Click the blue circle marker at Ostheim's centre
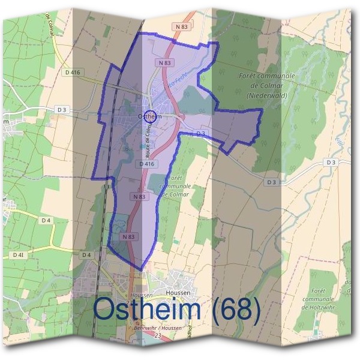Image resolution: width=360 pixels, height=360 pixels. (x=151, y=118)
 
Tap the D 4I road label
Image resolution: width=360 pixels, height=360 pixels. (x=18, y=255)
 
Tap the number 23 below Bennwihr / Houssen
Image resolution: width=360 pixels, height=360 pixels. (x=157, y=337)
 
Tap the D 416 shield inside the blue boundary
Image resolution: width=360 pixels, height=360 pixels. (x=147, y=163)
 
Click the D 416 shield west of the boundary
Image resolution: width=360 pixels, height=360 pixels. (x=72, y=72)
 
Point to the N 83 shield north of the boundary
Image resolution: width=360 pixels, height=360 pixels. (x=182, y=27)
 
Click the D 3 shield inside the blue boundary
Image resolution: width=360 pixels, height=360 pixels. (x=200, y=133)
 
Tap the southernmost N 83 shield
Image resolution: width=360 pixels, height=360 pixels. (x=128, y=237)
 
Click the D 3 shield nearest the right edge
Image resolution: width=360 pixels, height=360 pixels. (x=331, y=162)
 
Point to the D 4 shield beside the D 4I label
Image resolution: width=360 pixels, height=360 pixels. (x=86, y=255)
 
